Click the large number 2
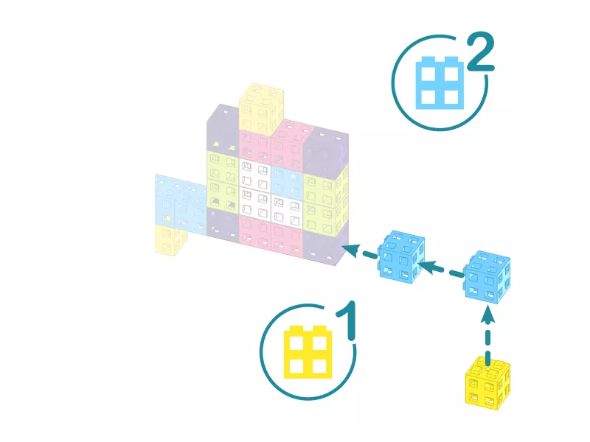(481, 52)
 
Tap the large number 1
(346, 320)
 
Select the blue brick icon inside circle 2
(440, 83)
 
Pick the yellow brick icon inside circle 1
(308, 352)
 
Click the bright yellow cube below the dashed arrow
(488, 383)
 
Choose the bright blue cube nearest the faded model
(401, 256)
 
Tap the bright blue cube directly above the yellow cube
(487, 277)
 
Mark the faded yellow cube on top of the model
(261, 109)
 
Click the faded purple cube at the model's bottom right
(325, 246)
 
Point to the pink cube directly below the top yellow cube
(254, 147)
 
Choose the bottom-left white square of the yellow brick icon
(296, 366)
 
